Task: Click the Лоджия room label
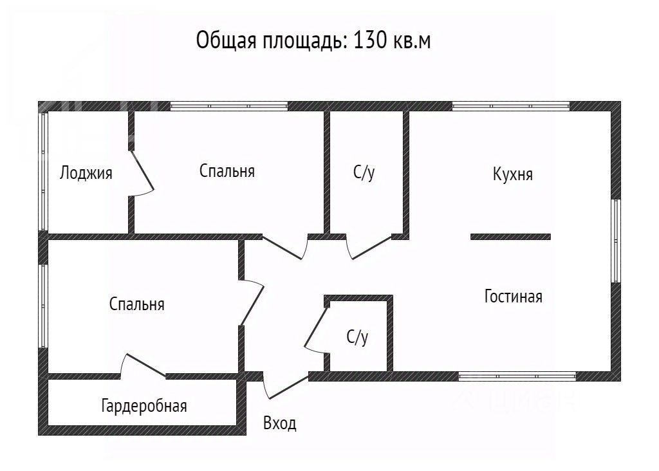(x=86, y=173)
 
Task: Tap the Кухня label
(x=513, y=174)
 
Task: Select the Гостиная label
(x=513, y=297)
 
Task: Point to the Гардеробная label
(x=144, y=406)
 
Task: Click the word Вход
(x=280, y=423)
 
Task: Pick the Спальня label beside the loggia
(x=227, y=171)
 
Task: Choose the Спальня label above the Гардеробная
(x=136, y=304)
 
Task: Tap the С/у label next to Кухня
(x=364, y=172)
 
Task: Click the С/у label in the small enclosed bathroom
(x=357, y=337)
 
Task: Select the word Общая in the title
(x=222, y=41)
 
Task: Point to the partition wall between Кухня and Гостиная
(x=510, y=237)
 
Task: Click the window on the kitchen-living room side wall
(x=616, y=241)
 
